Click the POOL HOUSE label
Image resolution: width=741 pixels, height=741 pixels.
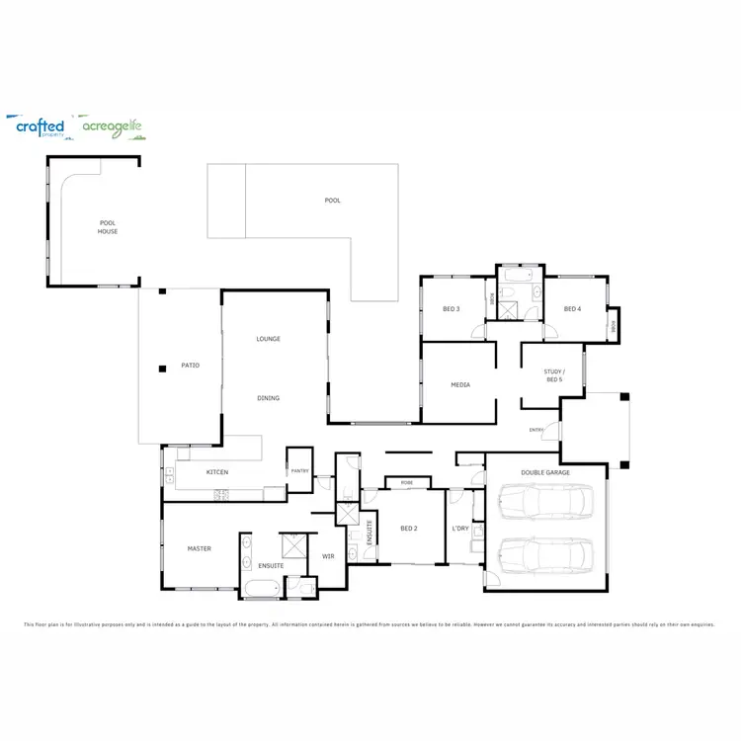click(108, 227)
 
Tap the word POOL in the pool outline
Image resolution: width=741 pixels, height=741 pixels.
click(332, 201)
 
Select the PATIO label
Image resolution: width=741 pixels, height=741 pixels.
click(190, 366)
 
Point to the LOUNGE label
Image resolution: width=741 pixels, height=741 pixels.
click(269, 339)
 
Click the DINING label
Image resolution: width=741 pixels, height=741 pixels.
click(269, 398)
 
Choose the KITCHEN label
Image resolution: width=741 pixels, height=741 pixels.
click(217, 472)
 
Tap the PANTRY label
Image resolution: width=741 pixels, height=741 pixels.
click(300, 470)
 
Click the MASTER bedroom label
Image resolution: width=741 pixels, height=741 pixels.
click(200, 548)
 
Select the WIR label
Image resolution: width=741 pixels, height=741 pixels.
click(329, 556)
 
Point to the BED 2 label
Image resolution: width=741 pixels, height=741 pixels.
click(409, 529)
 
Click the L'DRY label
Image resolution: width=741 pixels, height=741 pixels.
click(460, 529)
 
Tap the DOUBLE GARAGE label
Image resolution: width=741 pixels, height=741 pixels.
click(545, 472)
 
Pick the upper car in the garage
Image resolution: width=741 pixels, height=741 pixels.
click(545, 502)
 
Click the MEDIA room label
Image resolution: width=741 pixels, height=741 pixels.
click(460, 385)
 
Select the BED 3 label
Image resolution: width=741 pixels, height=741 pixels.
click(451, 309)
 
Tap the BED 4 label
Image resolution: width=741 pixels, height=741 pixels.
click(572, 309)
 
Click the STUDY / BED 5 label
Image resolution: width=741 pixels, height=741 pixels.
click(553, 375)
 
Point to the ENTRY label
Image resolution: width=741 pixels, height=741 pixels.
click(536, 430)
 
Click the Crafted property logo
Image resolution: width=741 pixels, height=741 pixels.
click(41, 127)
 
